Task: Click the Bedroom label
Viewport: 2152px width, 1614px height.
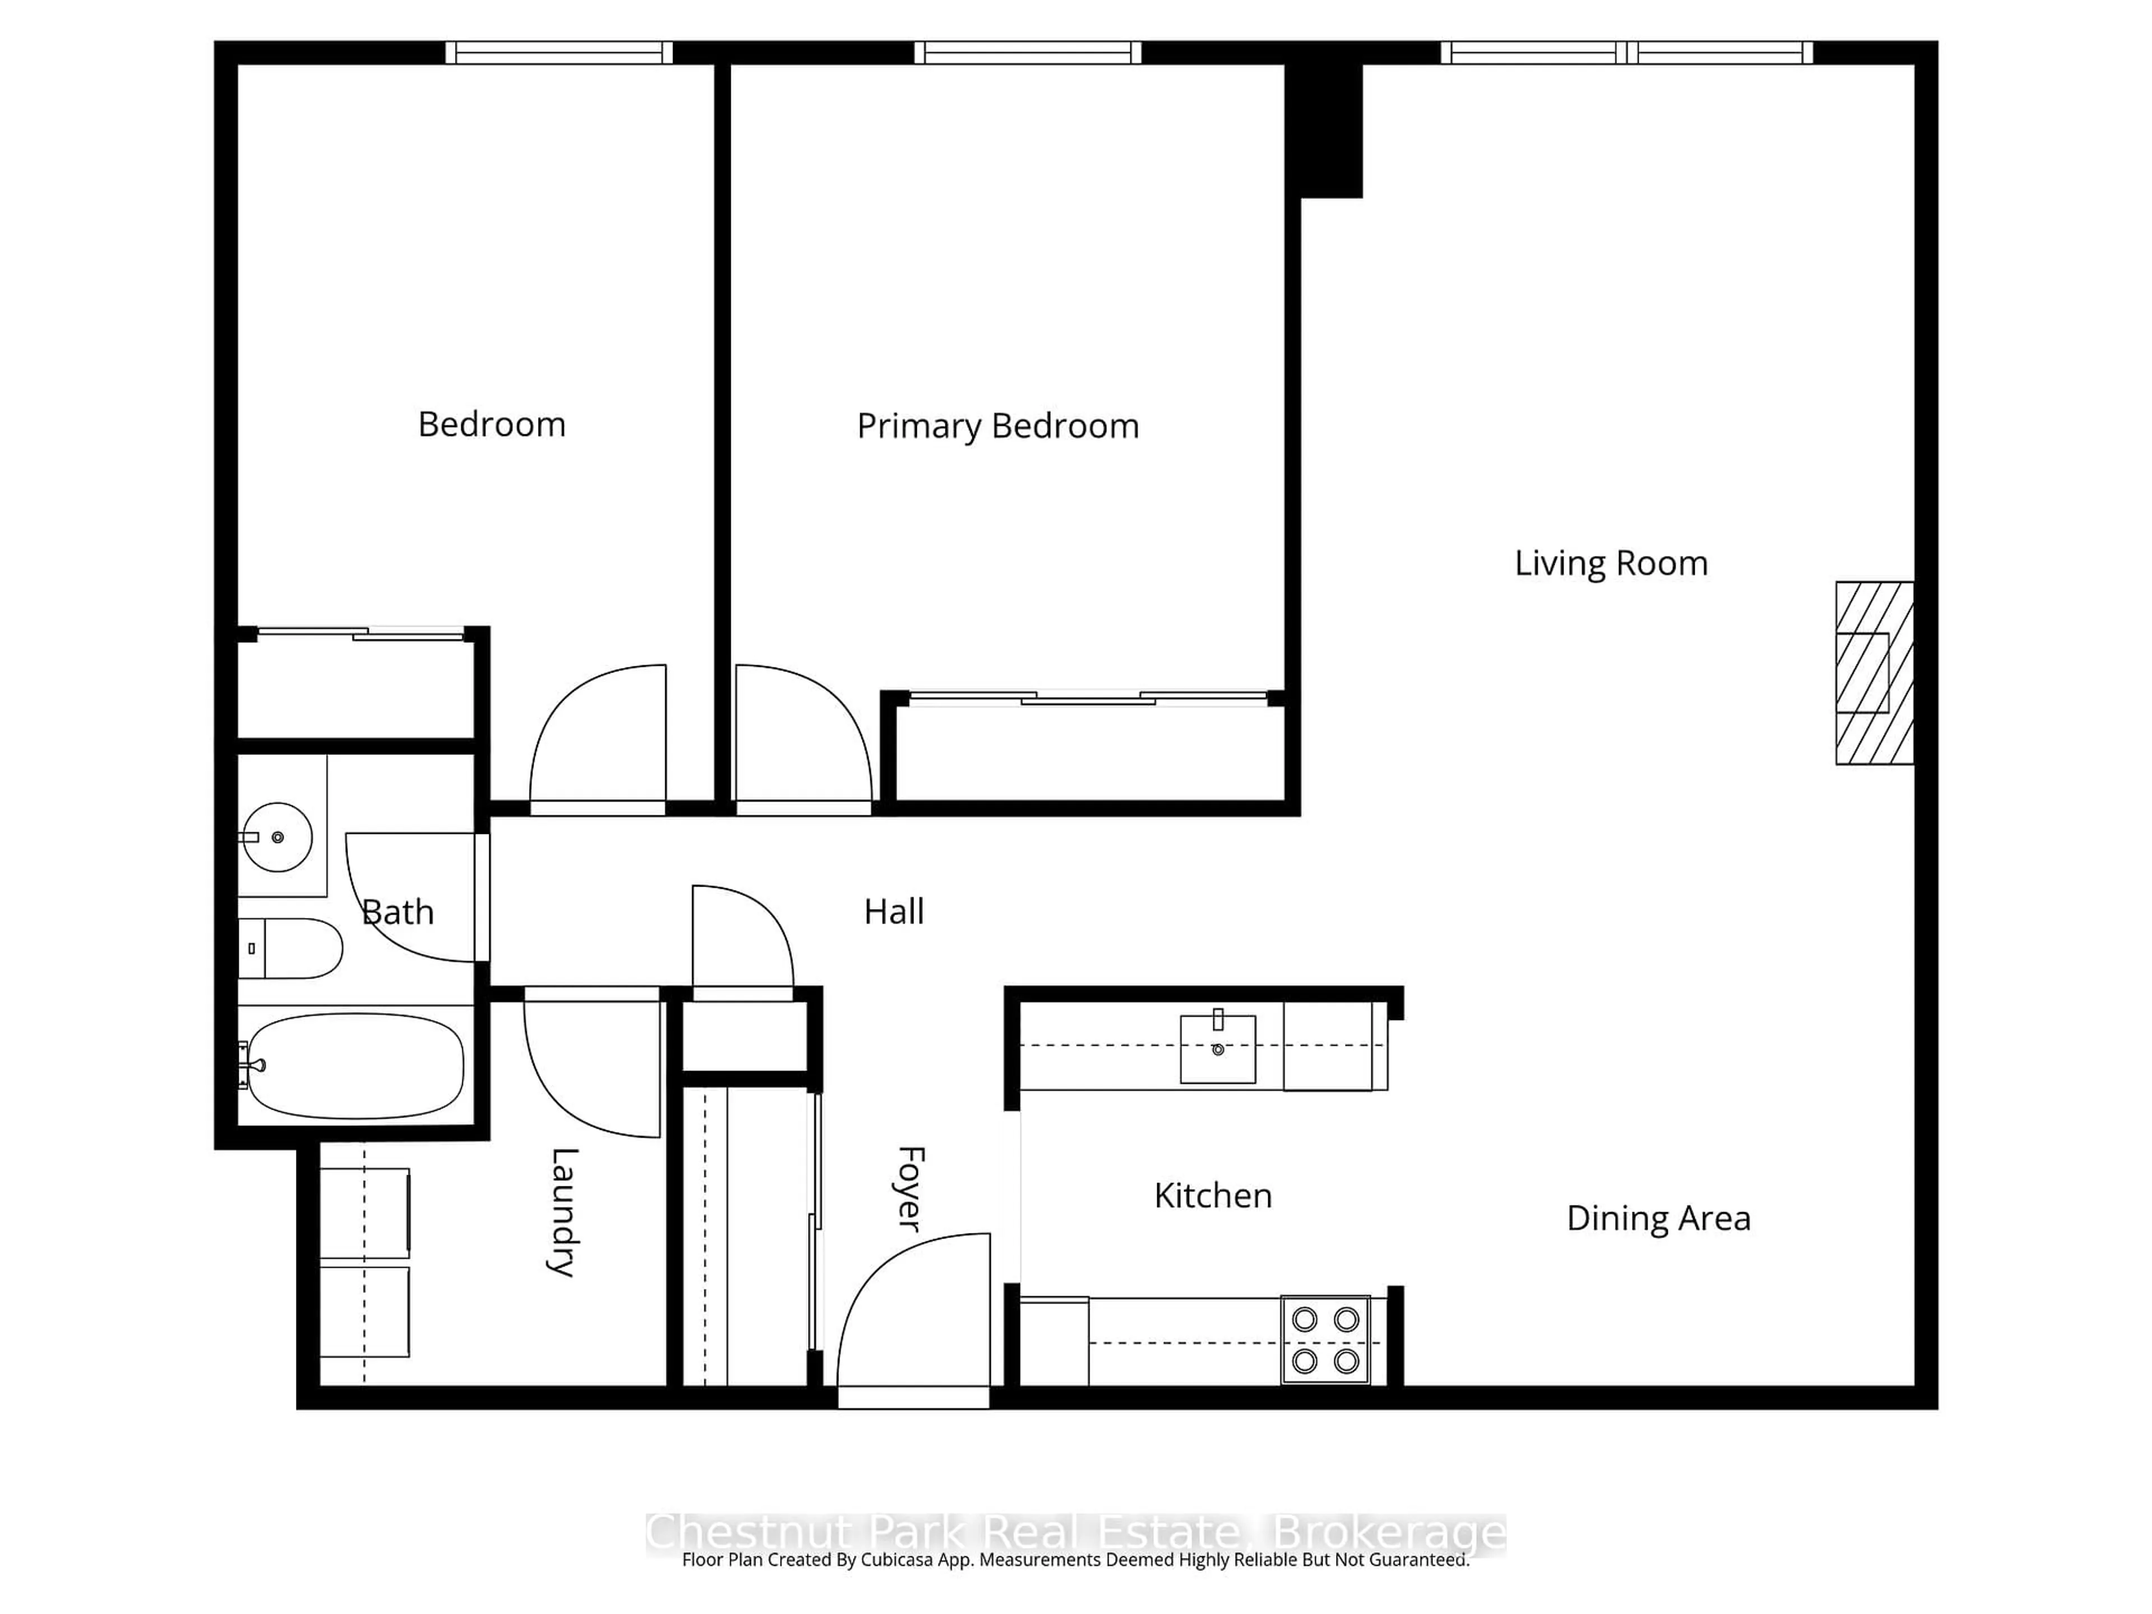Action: pyautogui.click(x=491, y=424)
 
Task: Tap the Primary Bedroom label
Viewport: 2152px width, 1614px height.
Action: pyautogui.click(x=997, y=426)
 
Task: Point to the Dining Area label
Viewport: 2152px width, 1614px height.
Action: pyautogui.click(x=1658, y=1218)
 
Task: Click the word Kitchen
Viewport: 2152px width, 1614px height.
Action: pyautogui.click(x=1212, y=1196)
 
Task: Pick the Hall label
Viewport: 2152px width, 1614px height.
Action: pyautogui.click(x=893, y=912)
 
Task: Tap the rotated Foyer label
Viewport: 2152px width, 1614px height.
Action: pyautogui.click(x=908, y=1189)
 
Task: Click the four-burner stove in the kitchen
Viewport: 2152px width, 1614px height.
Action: pyautogui.click(x=1324, y=1339)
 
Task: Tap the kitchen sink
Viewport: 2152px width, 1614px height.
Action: pyautogui.click(x=1217, y=1049)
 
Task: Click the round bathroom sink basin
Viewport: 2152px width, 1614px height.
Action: pyautogui.click(x=277, y=837)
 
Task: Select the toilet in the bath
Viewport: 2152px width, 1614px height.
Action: pyautogui.click(x=292, y=948)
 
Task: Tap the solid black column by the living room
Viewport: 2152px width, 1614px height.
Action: pyautogui.click(x=1324, y=127)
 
